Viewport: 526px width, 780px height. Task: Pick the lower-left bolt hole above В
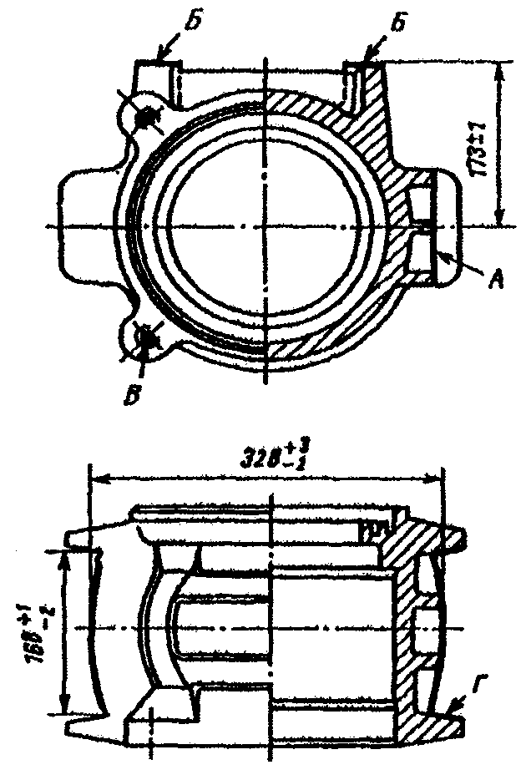(x=149, y=338)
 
